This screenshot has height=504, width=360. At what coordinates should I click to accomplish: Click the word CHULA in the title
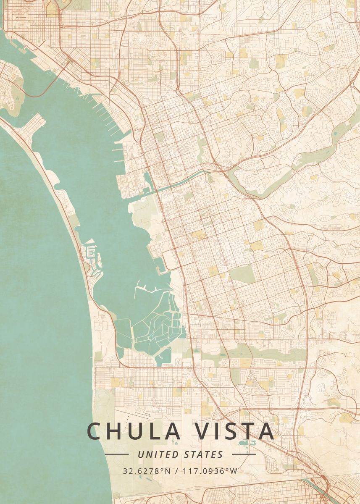(x=128, y=431)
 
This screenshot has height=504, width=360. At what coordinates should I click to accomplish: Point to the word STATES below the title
(x=203, y=454)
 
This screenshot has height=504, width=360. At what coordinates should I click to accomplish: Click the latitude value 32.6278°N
(x=147, y=471)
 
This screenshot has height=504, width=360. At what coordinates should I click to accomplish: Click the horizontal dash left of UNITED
(x=116, y=454)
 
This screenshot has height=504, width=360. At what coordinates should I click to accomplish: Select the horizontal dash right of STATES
(x=244, y=454)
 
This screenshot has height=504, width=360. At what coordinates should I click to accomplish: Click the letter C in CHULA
(x=95, y=431)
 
